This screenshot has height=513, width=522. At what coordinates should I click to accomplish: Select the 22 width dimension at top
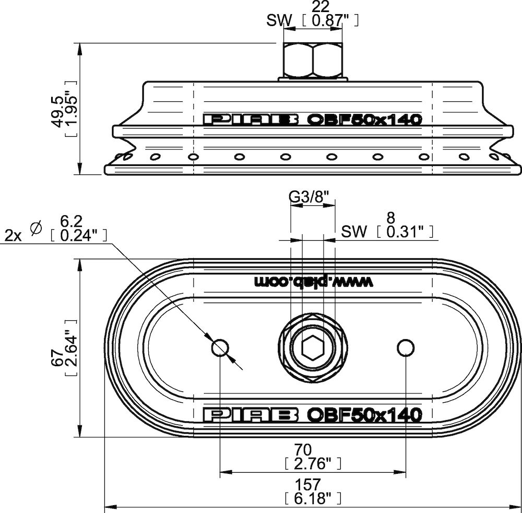click(x=321, y=6)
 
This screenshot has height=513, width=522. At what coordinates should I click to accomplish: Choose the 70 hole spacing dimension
click(x=303, y=450)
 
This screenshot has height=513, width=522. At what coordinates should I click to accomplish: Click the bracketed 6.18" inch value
click(x=313, y=499)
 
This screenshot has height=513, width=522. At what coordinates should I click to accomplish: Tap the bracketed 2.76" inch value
click(x=313, y=464)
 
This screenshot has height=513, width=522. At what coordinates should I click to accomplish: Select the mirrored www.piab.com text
click(x=314, y=282)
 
